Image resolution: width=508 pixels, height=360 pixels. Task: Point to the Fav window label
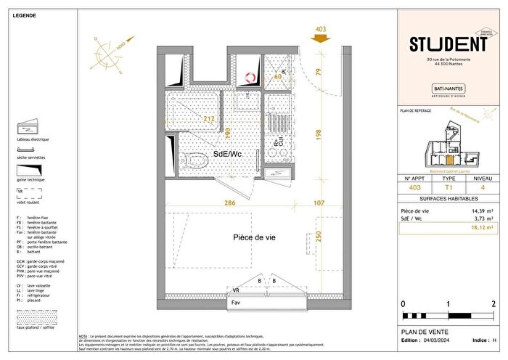pos(236,301)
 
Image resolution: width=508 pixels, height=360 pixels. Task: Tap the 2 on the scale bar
pos(493,303)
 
